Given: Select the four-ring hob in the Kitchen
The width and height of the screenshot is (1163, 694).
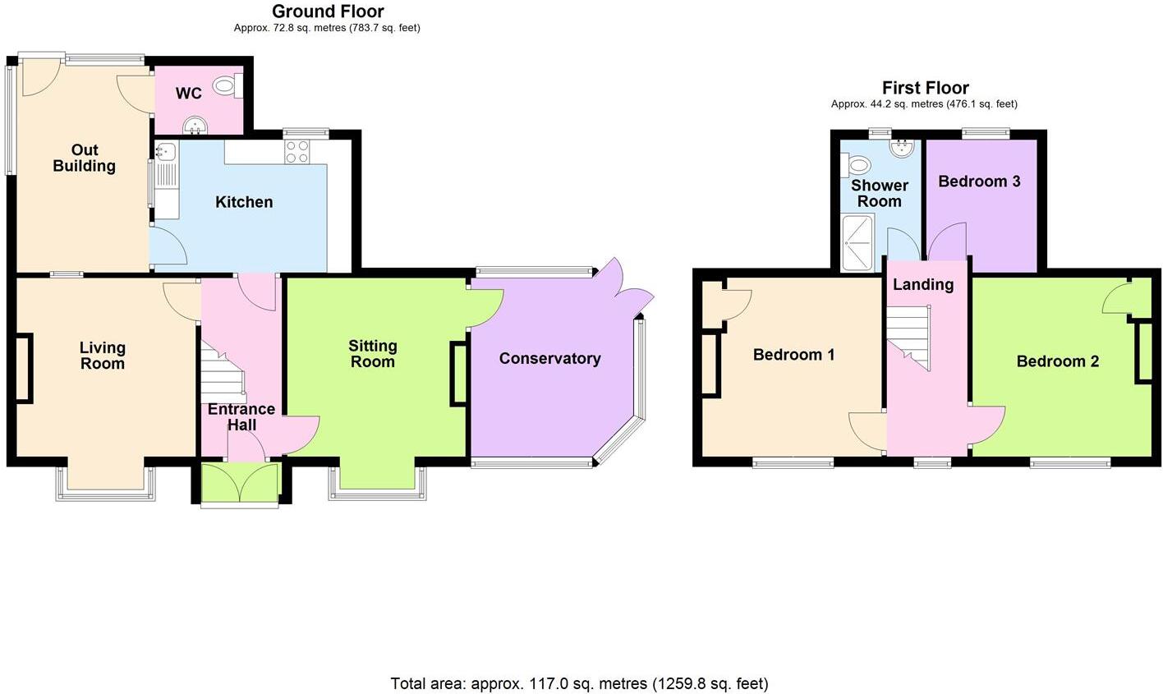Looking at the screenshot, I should click(296, 151).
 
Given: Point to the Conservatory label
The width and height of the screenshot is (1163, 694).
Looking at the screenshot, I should click(549, 359).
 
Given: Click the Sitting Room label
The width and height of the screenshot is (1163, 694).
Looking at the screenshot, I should click(372, 354).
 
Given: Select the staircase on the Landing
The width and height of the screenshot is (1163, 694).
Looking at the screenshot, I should click(910, 338).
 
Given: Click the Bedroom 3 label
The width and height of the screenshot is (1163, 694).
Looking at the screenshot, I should click(979, 181).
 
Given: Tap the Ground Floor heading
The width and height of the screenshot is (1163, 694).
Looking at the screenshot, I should click(328, 11).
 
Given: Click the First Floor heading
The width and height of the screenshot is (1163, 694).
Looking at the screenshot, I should click(925, 88).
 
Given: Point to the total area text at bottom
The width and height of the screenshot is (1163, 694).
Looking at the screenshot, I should click(579, 683).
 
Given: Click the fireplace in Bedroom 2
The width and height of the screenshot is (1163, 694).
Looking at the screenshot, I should click(1144, 352).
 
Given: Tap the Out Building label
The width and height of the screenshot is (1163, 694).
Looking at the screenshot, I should click(84, 158).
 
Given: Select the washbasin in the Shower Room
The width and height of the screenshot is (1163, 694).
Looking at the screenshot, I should click(902, 147).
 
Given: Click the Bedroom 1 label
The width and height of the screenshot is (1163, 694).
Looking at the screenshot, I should click(793, 355).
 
